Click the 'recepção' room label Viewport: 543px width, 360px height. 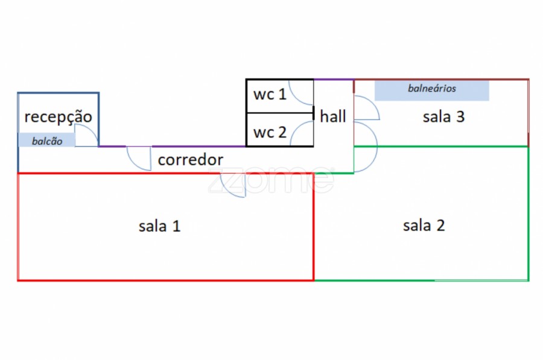(x=58, y=116)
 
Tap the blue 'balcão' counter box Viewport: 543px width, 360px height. (x=47, y=141)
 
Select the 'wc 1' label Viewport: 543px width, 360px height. (x=269, y=95)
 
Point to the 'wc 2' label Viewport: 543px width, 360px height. (x=269, y=132)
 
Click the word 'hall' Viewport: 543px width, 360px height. (x=333, y=116)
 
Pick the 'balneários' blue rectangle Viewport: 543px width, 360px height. (x=431, y=90)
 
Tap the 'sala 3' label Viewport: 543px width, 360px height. (x=443, y=117)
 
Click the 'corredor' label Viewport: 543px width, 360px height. (x=190, y=160)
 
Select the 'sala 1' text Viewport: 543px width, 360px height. (x=160, y=226)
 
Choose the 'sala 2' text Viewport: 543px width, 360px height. (x=424, y=226)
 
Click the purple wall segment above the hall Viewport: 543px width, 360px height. (x=333, y=80)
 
